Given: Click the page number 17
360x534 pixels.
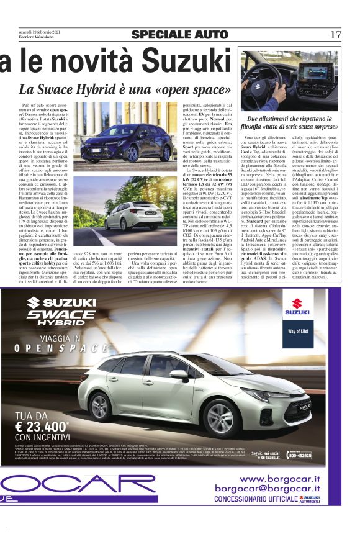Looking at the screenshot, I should [336, 35].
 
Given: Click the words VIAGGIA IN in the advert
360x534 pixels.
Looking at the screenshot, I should [60, 339].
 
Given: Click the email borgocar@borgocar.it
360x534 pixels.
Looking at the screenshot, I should [268, 489].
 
